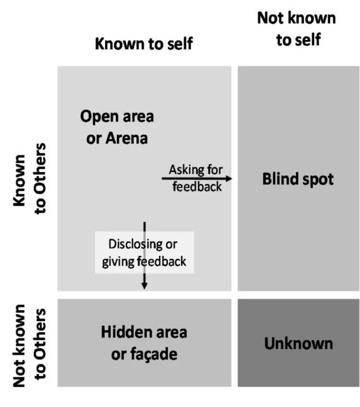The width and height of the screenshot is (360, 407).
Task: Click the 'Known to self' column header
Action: tap(143, 44)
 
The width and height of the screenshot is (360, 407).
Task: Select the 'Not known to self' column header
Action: tap(296, 29)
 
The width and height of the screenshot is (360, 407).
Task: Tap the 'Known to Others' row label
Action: tap(30, 178)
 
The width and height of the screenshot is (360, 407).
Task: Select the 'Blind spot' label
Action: tap(298, 180)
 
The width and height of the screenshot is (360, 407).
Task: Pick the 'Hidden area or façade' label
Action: tap(144, 343)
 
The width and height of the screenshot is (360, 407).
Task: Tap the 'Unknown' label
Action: tap(298, 343)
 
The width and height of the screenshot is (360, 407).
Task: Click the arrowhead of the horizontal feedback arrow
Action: tap(229, 178)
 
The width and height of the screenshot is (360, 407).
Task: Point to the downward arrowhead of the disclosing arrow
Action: tap(144, 285)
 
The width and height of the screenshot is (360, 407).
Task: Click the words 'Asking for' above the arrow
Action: tap(196, 169)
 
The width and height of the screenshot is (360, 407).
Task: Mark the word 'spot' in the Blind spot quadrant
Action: tap(318, 180)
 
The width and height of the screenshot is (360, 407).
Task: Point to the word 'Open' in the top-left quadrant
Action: tap(97, 117)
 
